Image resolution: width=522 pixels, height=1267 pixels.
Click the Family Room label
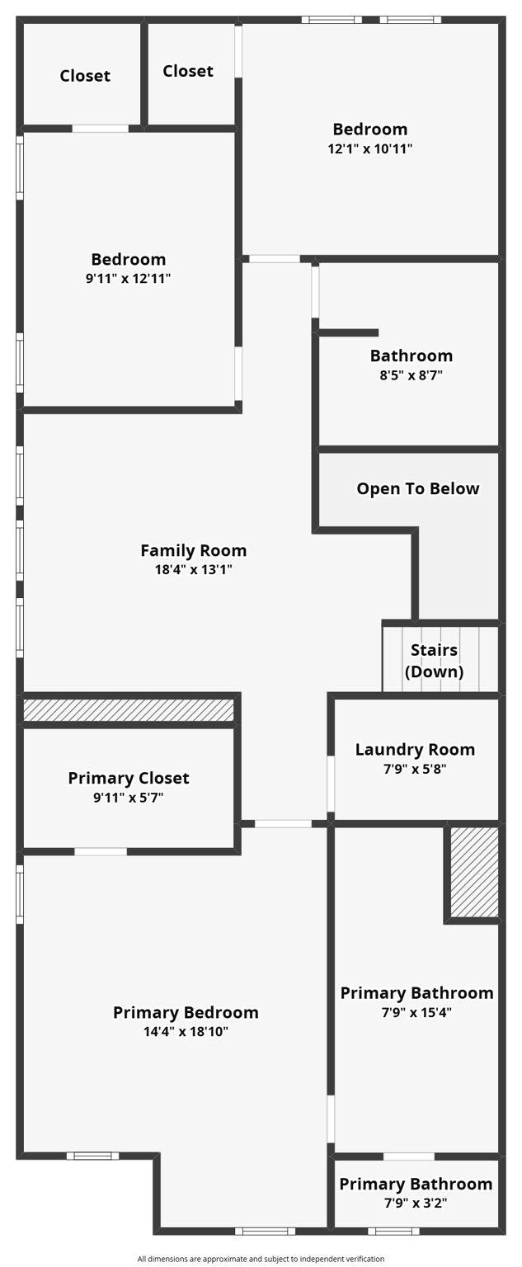(193, 550)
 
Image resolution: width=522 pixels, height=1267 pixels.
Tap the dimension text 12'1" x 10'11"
(369, 149)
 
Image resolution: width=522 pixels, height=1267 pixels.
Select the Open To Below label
(417, 488)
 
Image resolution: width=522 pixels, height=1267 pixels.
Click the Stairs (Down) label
(434, 661)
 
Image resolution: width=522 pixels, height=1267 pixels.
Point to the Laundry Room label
(415, 750)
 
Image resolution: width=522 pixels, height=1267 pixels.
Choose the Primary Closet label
(129, 778)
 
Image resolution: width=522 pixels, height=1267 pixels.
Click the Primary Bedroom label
(186, 1012)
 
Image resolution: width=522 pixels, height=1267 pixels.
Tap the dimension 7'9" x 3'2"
(416, 1203)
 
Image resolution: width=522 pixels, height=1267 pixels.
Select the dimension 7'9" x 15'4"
(417, 1012)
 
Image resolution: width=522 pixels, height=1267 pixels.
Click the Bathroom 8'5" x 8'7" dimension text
(411, 375)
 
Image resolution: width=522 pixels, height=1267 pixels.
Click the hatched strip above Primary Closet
(128, 710)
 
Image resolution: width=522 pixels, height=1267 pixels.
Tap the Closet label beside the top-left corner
(85, 76)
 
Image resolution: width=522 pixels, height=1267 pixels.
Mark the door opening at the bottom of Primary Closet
(101, 851)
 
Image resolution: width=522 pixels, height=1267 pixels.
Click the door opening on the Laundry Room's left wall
(331, 784)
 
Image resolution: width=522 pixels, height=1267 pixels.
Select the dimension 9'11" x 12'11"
(128, 279)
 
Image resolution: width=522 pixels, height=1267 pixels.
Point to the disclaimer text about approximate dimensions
(261, 1259)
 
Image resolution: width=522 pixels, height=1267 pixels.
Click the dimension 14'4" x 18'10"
(186, 1032)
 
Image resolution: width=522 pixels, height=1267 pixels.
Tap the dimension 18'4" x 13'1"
(193, 570)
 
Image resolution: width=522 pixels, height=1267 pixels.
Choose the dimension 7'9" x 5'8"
(415, 769)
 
